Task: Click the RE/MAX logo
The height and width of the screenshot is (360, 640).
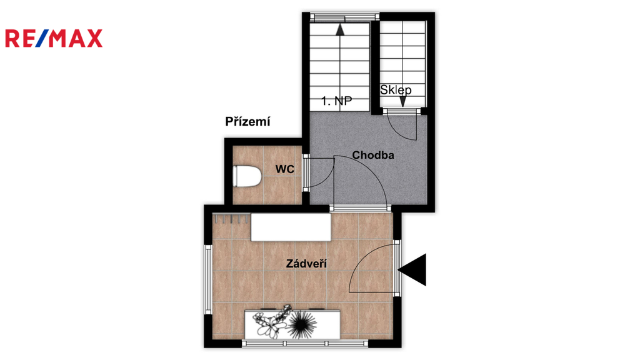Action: click(54, 38)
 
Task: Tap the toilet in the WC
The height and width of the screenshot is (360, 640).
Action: click(246, 176)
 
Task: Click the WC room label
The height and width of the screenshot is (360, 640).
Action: click(284, 169)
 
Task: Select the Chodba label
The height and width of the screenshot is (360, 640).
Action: click(373, 155)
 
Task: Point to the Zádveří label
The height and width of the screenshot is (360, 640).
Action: click(306, 263)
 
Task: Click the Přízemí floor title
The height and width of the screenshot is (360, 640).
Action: click(247, 121)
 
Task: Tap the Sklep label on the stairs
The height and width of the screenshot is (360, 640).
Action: click(396, 90)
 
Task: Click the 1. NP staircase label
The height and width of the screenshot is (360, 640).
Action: click(336, 101)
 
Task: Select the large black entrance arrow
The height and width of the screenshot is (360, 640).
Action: click(412, 270)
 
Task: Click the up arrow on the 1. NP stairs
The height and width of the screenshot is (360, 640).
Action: click(340, 30)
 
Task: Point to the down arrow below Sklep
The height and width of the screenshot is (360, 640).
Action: click(403, 101)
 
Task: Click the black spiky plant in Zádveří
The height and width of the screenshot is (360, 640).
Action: click(302, 322)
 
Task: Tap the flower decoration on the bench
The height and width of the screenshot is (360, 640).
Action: click(271, 321)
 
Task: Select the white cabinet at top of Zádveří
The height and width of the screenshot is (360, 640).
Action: click(291, 227)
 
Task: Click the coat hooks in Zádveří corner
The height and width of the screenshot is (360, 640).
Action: click(231, 219)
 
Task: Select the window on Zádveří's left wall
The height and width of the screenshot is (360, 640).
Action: click(207, 279)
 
